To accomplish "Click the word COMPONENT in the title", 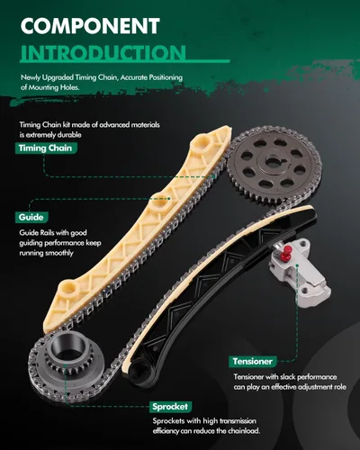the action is pyautogui.click(x=90, y=26).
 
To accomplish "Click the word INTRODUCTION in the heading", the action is pyautogui.click(x=103, y=52).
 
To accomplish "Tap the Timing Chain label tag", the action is pyautogui.click(x=46, y=148).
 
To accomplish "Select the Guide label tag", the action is pyautogui.click(x=31, y=217).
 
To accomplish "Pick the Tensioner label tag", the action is pyautogui.click(x=253, y=362).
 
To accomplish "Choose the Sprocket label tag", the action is pyautogui.click(x=170, y=407).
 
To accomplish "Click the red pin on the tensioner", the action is pyautogui.click(x=288, y=251).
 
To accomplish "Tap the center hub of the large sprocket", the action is pyautogui.click(x=273, y=163).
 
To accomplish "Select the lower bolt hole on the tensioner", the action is pyautogui.click(x=304, y=290).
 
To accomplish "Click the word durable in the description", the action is pyautogui.click(x=69, y=135).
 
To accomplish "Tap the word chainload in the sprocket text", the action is pyautogui.click(x=244, y=431).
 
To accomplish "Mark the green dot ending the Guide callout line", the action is pyautogui.click(x=169, y=198).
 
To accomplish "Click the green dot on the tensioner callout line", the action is pyautogui.click(x=297, y=265).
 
